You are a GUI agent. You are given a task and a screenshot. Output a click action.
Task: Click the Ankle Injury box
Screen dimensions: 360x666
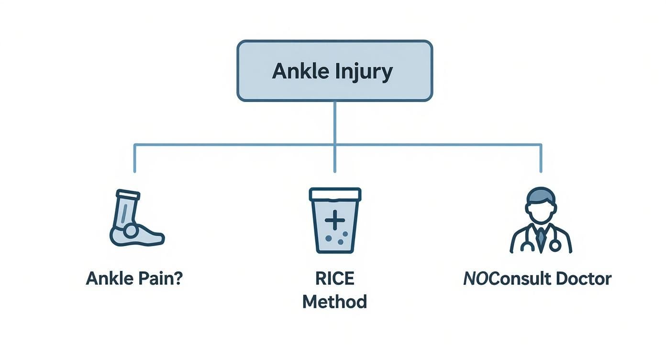[334, 71]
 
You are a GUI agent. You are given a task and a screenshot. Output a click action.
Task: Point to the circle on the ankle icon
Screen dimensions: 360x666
[130, 231]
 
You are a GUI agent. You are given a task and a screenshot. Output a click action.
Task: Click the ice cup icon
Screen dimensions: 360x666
[335, 220]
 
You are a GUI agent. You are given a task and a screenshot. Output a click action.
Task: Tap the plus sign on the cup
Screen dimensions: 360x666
[335, 221]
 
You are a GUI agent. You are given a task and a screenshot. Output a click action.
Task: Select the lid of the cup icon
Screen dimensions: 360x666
[335, 194]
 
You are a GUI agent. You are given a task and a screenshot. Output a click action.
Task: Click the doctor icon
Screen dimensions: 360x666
[541, 220]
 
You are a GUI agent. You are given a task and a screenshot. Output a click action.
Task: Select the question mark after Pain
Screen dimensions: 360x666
[178, 279]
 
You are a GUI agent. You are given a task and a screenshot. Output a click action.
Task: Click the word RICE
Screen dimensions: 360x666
[335, 279]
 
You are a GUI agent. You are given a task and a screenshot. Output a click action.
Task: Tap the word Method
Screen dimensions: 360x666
[335, 302]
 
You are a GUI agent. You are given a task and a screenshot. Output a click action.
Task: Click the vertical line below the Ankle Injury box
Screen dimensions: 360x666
[334, 122]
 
